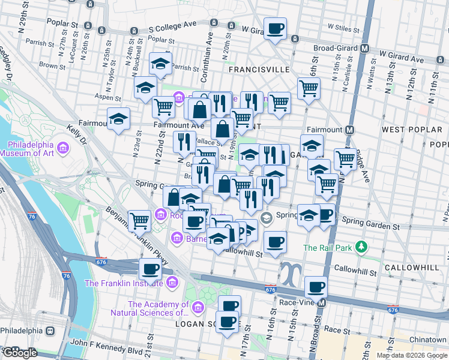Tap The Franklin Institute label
124,283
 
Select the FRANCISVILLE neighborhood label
259,70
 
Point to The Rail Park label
328,247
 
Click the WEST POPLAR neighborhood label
407,130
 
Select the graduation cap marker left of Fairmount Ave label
119,118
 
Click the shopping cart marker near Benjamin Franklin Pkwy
139,220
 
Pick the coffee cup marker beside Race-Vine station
316,286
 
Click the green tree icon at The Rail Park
361,247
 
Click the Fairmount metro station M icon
351,130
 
